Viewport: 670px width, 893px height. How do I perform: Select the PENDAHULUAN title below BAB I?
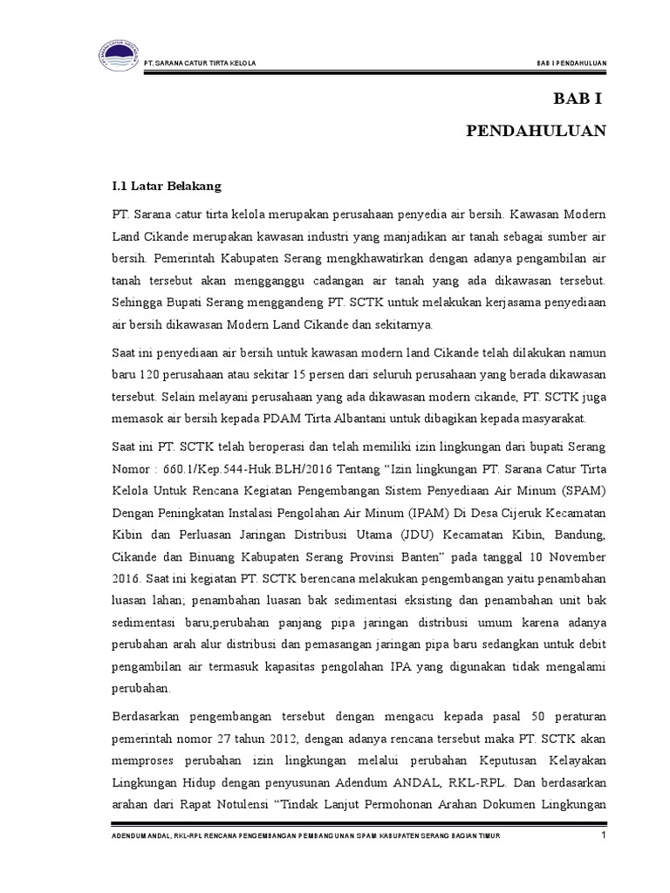pos(536,132)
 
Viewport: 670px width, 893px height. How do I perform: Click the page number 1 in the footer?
pos(603,838)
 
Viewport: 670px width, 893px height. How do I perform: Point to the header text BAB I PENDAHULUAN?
pos(571,63)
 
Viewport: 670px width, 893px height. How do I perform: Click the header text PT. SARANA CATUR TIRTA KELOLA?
pos(200,63)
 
